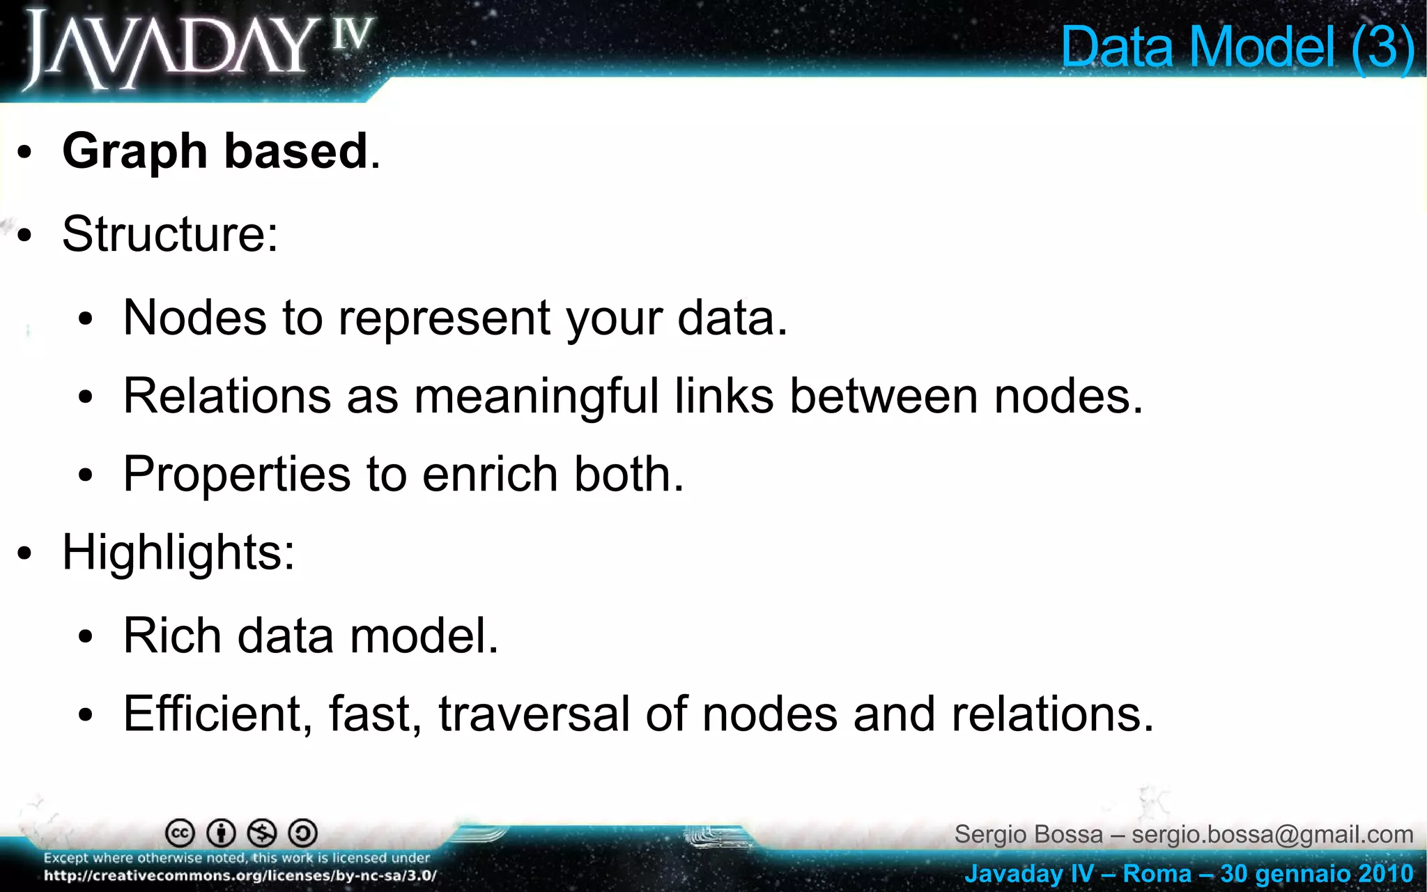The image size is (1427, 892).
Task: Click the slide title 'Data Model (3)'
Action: tap(1237, 47)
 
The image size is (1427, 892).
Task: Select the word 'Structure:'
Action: tap(170, 234)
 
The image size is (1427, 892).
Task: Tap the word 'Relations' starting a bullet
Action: tap(226, 397)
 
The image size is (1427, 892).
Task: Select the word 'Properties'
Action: tap(236, 475)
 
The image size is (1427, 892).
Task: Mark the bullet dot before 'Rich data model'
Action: tap(86, 637)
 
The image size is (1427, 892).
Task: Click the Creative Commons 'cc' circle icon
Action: tap(180, 833)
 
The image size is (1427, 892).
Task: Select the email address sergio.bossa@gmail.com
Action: tap(1272, 834)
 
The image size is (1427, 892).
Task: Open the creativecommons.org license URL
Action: tap(240, 876)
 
